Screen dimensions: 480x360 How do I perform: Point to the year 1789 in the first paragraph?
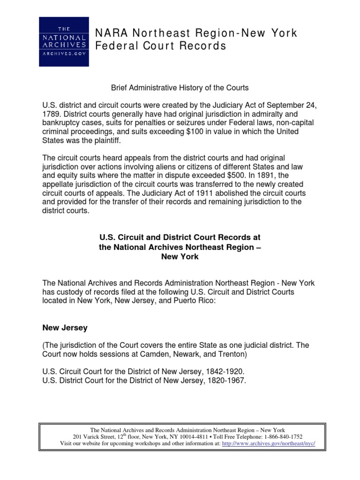52,114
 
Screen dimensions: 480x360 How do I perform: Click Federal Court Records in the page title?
161,46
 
